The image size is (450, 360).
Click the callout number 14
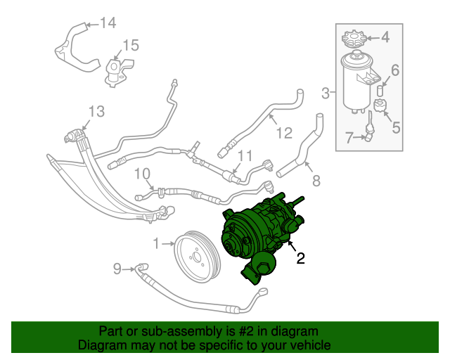(x=107, y=23)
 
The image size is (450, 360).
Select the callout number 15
(x=131, y=46)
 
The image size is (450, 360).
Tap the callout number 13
(x=96, y=111)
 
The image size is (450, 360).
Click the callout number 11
(x=244, y=155)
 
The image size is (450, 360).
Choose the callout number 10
(x=141, y=173)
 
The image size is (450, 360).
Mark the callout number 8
(x=316, y=181)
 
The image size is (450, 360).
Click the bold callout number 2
(x=300, y=258)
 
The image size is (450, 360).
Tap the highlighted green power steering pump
(x=257, y=232)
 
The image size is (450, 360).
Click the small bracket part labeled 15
(x=115, y=72)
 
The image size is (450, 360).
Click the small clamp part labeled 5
(x=380, y=108)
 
